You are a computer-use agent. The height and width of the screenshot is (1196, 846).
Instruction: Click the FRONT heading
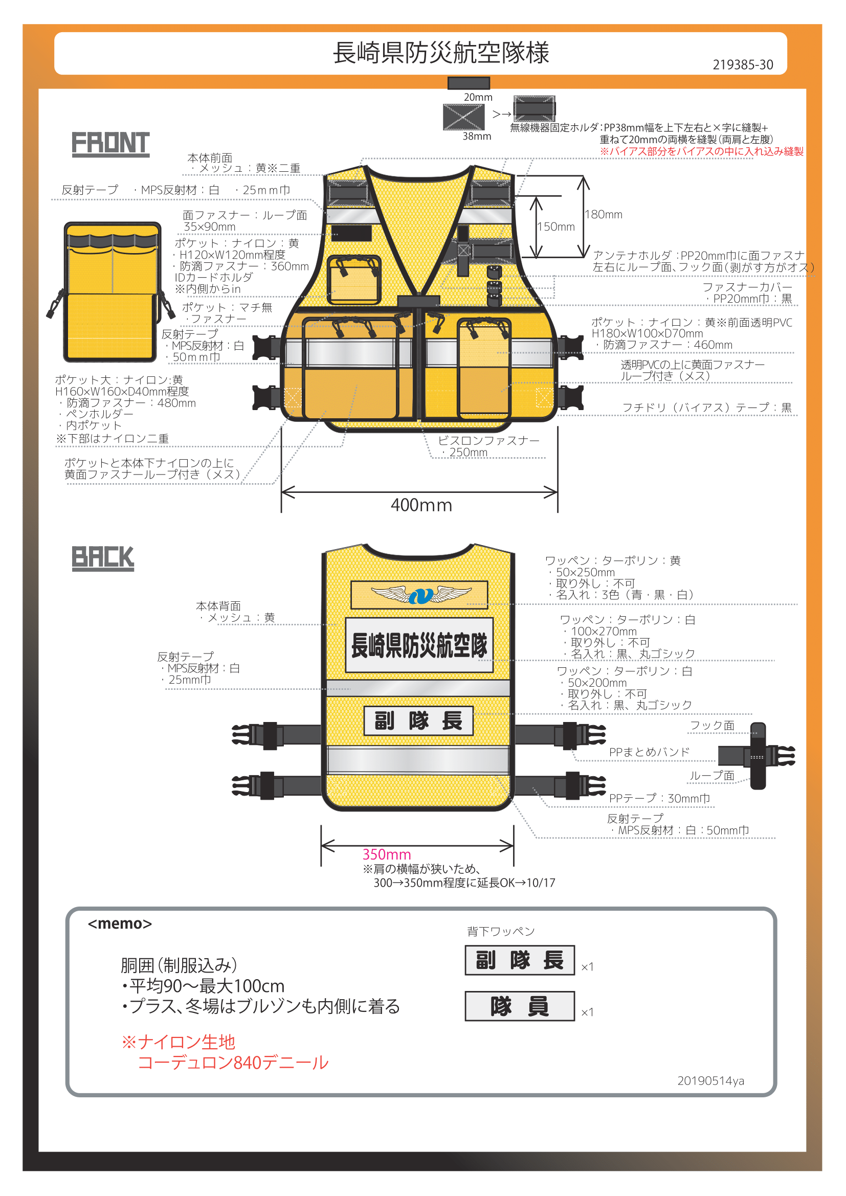[x=110, y=144]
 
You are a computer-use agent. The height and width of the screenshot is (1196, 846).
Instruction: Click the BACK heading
[x=103, y=557]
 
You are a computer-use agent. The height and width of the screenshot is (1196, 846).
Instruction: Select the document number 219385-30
[x=742, y=65]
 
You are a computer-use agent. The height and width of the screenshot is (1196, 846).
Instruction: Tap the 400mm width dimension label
[x=421, y=505]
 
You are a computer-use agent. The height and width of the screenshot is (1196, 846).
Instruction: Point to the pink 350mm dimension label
[x=387, y=854]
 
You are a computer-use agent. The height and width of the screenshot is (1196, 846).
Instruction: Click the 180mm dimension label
[x=603, y=215]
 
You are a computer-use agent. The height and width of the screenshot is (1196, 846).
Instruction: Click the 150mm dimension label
[x=556, y=227]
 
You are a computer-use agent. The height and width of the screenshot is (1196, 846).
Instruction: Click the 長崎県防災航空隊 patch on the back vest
[x=419, y=645]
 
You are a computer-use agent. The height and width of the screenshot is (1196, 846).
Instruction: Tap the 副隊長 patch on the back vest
[x=418, y=721]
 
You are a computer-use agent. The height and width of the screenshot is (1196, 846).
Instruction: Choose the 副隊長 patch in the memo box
[x=519, y=960]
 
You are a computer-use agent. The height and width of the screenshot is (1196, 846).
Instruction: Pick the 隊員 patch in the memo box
[x=519, y=1006]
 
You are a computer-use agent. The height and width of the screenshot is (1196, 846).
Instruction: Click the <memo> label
[x=120, y=923]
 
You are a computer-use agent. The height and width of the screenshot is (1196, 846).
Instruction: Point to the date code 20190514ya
[x=710, y=1081]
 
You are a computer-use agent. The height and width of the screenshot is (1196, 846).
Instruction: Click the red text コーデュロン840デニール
[x=233, y=1063]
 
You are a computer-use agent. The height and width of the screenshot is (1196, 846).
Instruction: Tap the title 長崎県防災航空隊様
[x=441, y=53]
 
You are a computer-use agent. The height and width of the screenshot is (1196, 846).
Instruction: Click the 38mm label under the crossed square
[x=477, y=137]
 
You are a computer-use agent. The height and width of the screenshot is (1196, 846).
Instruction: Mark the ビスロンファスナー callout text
[x=488, y=441]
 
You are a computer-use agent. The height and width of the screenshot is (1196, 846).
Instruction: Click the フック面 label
[x=711, y=726]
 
